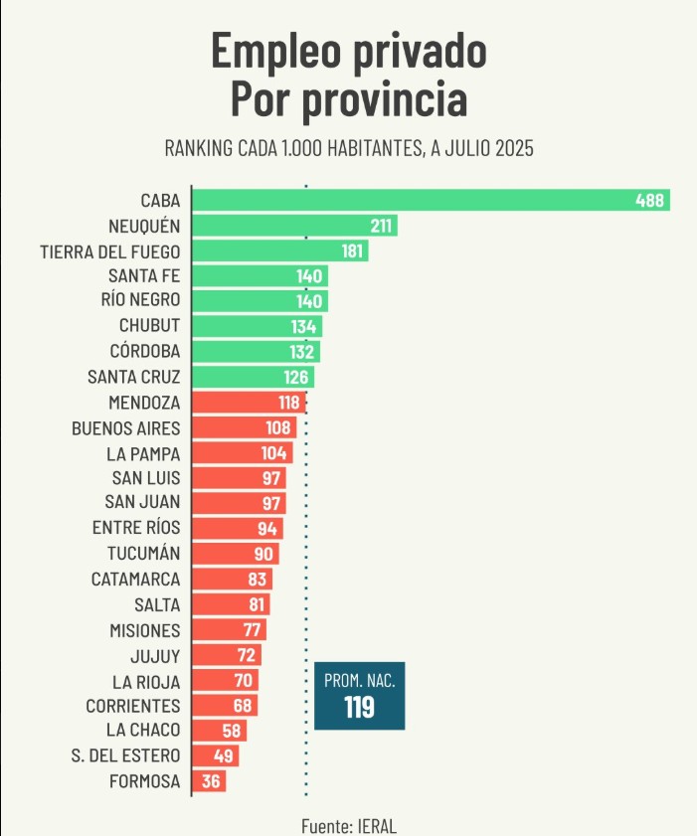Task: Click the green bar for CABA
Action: [430, 200]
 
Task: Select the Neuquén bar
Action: [293, 226]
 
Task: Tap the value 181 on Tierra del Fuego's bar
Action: [353, 251]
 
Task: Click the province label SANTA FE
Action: [144, 276]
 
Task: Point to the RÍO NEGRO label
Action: [140, 301]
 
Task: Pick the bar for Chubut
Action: [256, 327]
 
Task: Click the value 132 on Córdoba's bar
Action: [302, 352]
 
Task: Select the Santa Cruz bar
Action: [252, 378]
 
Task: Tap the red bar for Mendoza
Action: [248, 403]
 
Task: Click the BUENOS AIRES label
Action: [126, 428]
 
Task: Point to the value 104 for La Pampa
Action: [275, 453]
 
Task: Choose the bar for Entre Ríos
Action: [237, 529]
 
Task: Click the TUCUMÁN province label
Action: [143, 554]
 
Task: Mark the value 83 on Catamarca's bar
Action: [257, 580]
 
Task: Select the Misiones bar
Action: [229, 630]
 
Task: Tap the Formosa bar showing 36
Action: [209, 781]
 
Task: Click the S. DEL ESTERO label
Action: [126, 756]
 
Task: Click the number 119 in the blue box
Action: [359, 707]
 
